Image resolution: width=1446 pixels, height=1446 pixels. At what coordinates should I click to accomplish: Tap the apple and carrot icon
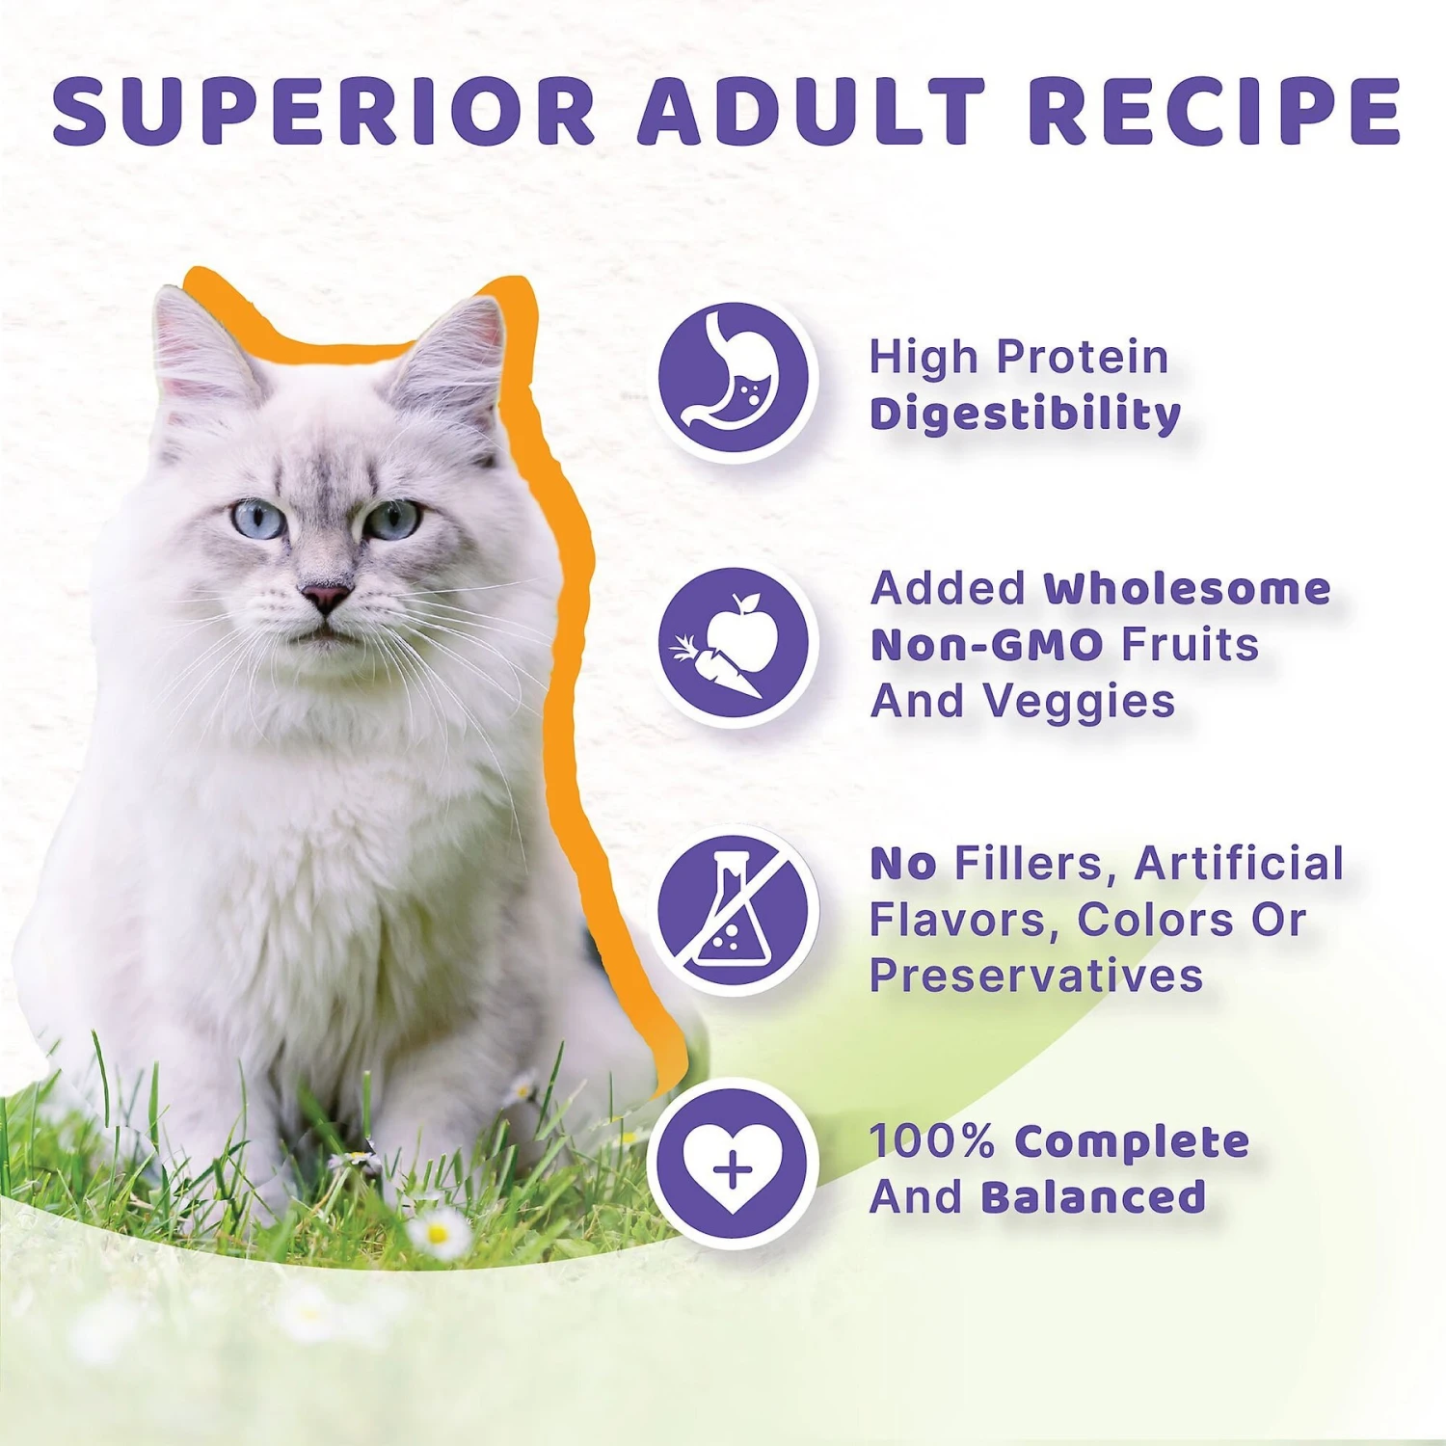coord(733,644)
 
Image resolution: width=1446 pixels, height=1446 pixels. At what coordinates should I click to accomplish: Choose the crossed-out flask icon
coord(733,911)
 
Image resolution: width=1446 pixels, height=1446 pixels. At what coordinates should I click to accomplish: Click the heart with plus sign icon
coord(733,1165)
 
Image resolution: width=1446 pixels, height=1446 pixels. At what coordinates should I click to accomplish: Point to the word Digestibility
coord(1025,415)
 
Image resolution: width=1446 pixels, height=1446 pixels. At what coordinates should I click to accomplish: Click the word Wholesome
coord(1187,588)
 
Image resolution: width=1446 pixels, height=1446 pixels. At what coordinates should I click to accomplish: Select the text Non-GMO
coord(986,645)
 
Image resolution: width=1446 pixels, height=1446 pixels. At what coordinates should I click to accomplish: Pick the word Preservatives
coord(1036,976)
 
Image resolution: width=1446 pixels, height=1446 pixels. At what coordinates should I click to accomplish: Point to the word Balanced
coord(1093,1197)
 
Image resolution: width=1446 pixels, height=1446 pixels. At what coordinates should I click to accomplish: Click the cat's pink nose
coord(325,596)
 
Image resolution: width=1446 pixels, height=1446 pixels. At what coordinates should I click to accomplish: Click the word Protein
coord(1082,358)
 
